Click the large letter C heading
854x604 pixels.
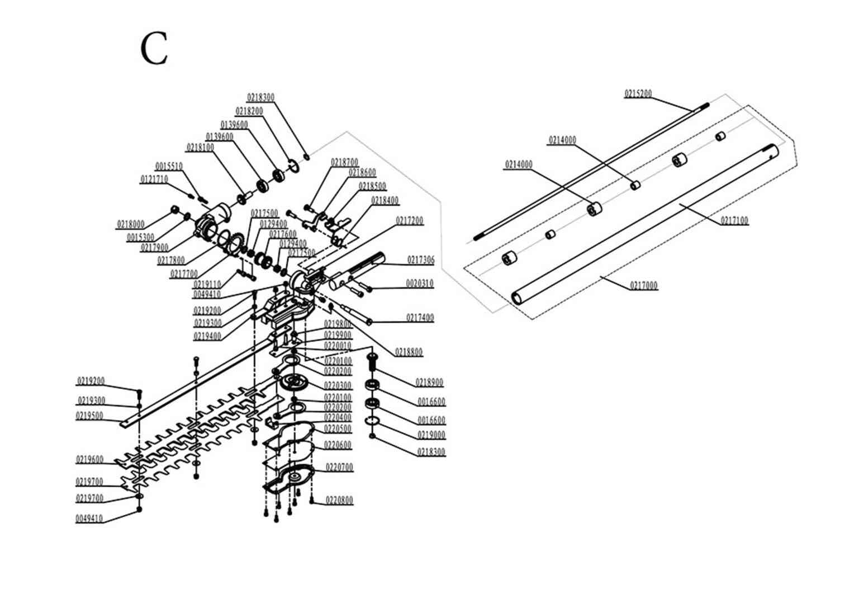[154, 49]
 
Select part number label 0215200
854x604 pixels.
[638, 94]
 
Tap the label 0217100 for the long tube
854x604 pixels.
[734, 221]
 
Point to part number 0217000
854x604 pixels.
[644, 286]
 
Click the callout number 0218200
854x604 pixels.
[249, 111]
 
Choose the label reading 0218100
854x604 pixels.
[200, 148]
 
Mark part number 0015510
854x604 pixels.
[168, 167]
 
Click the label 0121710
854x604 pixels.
[154, 180]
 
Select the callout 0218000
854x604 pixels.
[130, 225]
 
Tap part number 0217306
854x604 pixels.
[420, 260]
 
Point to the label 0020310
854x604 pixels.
[419, 284]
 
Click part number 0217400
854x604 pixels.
[420, 318]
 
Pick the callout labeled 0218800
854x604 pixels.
[409, 352]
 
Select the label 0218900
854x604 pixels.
[429, 383]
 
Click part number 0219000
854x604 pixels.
[431, 435]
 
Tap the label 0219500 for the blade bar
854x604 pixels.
[89, 416]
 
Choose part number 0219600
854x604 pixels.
[89, 460]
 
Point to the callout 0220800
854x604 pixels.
[339, 501]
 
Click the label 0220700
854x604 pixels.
[339, 467]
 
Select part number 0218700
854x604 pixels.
[344, 162]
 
